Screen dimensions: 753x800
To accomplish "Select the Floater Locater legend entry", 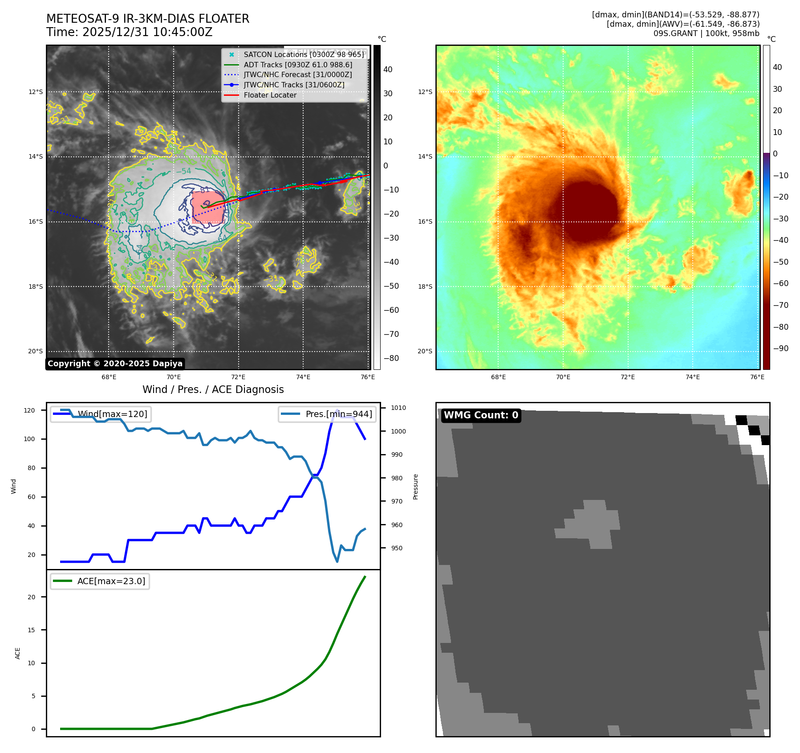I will [270, 95].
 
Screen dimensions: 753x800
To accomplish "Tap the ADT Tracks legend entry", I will [298, 65].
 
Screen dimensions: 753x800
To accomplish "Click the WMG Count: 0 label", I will [481, 415].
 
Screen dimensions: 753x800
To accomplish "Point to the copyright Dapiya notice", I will [115, 364].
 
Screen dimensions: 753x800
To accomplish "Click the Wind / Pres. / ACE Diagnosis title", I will [213, 389].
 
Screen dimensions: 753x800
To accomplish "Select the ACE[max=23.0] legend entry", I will [111, 581].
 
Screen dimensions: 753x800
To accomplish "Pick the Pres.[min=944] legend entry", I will [338, 414].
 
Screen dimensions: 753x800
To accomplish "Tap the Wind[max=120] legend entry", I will [112, 414].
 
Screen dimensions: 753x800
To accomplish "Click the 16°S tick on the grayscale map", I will [36, 221].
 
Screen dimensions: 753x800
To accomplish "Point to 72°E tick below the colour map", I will [628, 377].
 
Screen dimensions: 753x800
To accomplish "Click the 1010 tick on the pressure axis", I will [398, 408].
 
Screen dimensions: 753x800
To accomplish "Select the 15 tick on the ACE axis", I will [32, 630].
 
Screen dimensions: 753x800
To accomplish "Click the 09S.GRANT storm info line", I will [706, 33].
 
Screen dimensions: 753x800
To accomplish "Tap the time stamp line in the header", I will [130, 33].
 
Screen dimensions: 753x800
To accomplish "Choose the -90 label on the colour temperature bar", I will [780, 348].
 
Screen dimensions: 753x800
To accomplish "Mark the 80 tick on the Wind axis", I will [32, 468].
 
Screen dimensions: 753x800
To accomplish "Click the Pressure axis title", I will [415, 487].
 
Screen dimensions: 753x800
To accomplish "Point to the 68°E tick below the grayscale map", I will [109, 377].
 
